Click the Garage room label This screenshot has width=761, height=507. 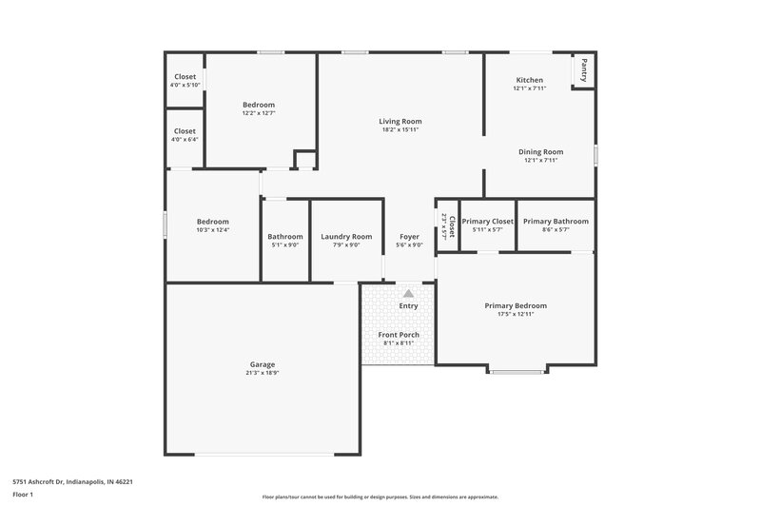pos(263,364)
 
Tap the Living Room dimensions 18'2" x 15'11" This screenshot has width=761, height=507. pos(400,130)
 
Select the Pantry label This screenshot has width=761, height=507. pos(584,69)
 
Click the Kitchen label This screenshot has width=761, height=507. pos(530,80)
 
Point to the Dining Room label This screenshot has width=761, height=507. pos(540,151)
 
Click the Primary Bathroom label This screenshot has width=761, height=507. pos(556,221)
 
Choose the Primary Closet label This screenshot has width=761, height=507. pos(487,221)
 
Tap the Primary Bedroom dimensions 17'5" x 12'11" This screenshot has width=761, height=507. pos(516,314)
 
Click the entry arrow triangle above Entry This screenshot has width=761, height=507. pos(408,294)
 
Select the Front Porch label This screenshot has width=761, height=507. pos(399,335)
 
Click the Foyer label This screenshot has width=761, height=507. pos(408,236)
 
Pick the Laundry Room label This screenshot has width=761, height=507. pos(346,236)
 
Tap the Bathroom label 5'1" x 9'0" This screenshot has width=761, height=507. pos(284,236)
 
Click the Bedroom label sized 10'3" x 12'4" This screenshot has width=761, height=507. pos(212,221)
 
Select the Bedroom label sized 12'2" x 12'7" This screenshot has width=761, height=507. pos(258,105)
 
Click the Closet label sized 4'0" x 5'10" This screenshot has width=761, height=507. pos(185,77)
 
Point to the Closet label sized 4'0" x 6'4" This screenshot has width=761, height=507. pos(185,131)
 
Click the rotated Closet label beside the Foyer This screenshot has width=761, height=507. pos(452,225)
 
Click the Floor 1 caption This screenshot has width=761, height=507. pos(23,496)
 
